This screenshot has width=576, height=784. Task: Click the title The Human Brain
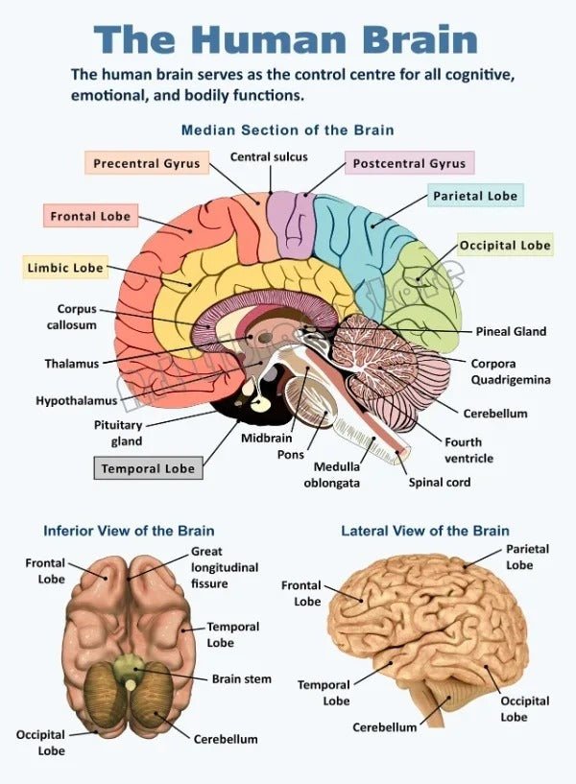pyautogui.click(x=286, y=39)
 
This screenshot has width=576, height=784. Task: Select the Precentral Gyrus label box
pyautogui.click(x=146, y=163)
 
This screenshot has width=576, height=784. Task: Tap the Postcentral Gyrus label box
pyautogui.click(x=409, y=163)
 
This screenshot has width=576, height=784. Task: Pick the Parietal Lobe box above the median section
pyautogui.click(x=474, y=196)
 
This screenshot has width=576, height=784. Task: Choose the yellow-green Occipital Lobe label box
pyautogui.click(x=505, y=245)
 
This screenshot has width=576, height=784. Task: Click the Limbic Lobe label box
pyautogui.click(x=64, y=267)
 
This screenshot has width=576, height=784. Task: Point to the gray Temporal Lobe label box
pyautogui.click(x=148, y=468)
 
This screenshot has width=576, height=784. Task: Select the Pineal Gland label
pyautogui.click(x=511, y=331)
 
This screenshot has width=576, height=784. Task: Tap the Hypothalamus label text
pyautogui.click(x=77, y=400)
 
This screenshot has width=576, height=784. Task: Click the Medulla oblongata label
pyautogui.click(x=332, y=475)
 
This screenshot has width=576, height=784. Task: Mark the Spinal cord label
pyautogui.click(x=440, y=482)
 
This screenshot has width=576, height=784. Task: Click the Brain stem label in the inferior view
pyautogui.click(x=241, y=678)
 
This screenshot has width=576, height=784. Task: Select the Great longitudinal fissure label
pyautogui.click(x=224, y=567)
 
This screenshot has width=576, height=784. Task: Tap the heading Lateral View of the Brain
pyautogui.click(x=425, y=531)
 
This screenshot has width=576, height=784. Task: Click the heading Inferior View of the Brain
pyautogui.click(x=129, y=531)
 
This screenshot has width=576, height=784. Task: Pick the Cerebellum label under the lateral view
pyautogui.click(x=384, y=726)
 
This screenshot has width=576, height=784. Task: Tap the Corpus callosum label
pyautogui.click(x=72, y=317)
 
